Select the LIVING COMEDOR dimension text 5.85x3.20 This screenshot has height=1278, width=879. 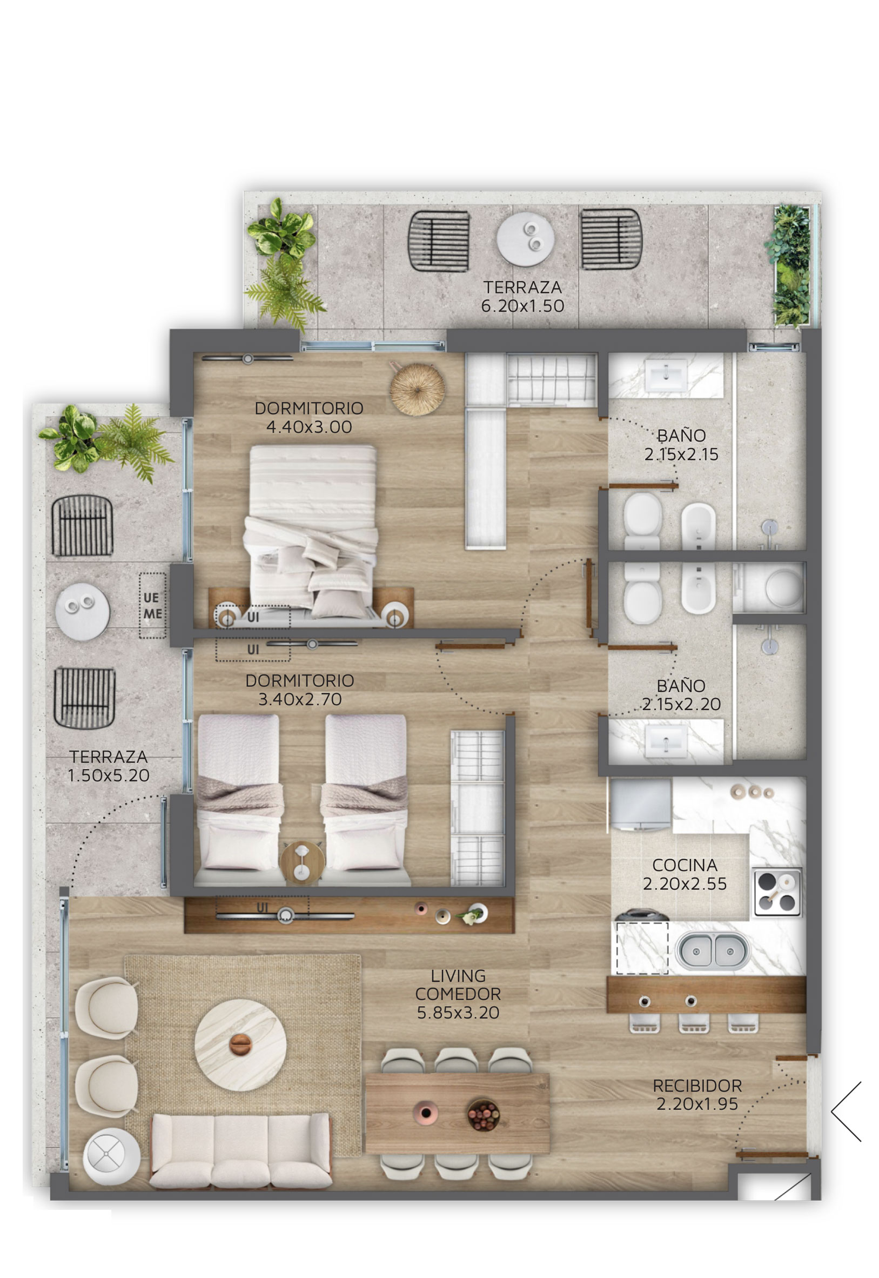tap(458, 1013)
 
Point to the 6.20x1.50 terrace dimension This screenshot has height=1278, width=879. tap(522, 306)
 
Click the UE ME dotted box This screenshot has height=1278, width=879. tap(152, 605)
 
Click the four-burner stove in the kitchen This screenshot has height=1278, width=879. tap(777, 892)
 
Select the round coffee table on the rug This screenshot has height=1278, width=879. tap(240, 1045)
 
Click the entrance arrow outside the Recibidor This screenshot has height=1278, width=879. tap(846, 1111)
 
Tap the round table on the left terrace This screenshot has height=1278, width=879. tap(82, 612)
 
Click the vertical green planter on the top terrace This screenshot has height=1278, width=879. tap(791, 266)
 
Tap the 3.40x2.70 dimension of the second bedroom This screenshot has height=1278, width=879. tap(300, 699)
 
